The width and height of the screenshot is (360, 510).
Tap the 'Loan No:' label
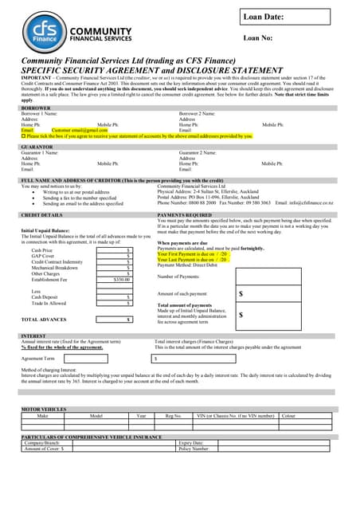(258, 37)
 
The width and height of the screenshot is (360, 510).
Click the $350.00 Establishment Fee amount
(121, 280)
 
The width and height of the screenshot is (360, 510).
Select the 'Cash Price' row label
(42, 250)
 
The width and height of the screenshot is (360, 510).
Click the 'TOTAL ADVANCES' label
(44, 319)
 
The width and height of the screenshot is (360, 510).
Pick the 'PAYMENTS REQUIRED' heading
(185, 215)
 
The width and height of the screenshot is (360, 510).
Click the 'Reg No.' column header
(173, 415)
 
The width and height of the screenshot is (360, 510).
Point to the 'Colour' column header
(288, 415)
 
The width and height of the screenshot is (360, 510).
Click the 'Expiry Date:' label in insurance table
(191, 442)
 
